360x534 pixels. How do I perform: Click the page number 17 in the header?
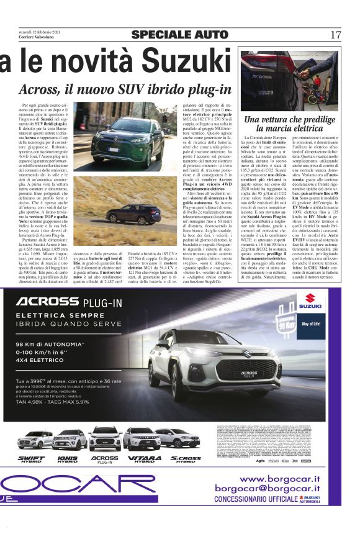pyautogui.click(x=336, y=34)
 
